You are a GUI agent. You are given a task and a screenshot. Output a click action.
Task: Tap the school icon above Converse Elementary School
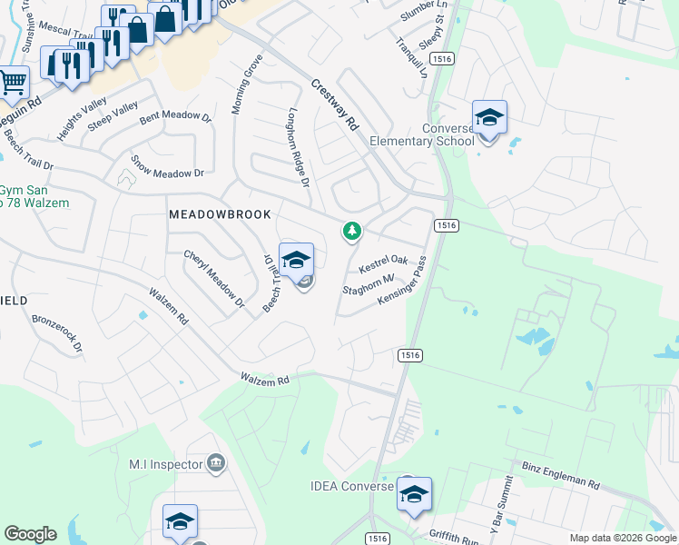pos(489,117)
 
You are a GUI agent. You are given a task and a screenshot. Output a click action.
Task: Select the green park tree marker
pos(351,232)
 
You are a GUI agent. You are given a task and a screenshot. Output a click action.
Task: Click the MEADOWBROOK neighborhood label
pos(221,214)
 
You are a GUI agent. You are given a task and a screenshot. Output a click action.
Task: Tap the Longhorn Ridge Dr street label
pos(299,148)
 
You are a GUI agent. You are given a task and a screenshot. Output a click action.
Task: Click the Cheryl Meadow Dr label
pos(214,279)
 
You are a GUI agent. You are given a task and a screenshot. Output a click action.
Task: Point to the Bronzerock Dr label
pos(57,333)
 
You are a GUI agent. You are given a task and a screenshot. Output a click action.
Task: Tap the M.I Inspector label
pos(165,464)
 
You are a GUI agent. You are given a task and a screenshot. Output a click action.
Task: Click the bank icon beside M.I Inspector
pos(216,464)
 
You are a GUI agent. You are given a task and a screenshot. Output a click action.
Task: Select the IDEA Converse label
pos(351,487)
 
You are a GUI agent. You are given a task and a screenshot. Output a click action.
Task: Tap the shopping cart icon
pos(13,83)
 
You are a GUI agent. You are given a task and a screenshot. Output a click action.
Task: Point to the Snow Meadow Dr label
pos(167,166)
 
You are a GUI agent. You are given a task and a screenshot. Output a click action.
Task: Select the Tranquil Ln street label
pos(410,57)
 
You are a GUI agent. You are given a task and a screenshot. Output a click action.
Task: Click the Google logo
pos(30,534)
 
